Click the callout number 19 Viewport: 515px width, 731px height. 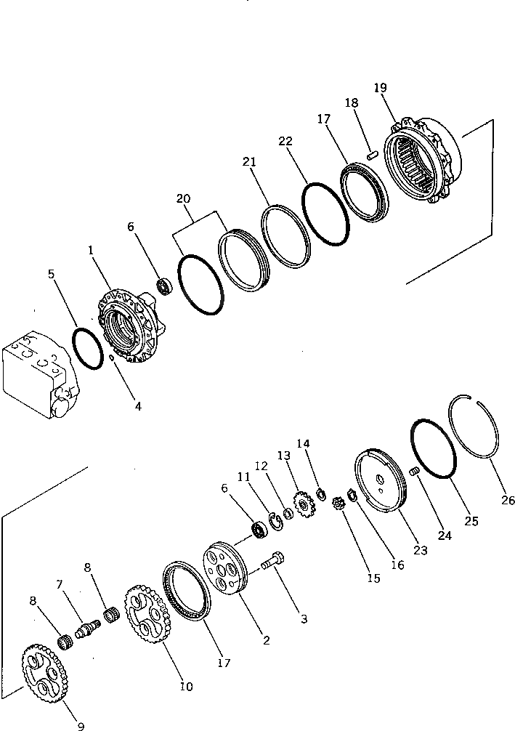click(380, 88)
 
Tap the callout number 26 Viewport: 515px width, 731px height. click(507, 500)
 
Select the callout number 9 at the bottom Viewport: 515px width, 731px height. click(80, 724)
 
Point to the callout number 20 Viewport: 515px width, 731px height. click(184, 198)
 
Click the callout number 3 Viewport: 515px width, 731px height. click(304, 618)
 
